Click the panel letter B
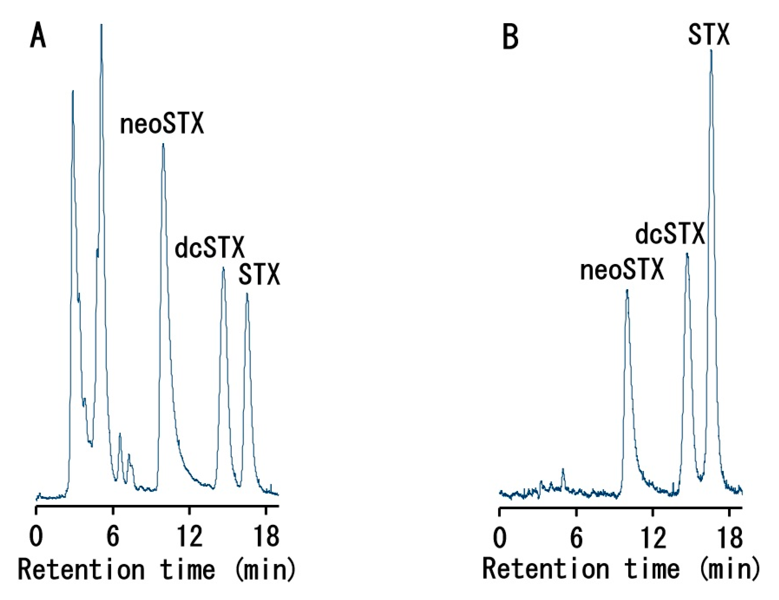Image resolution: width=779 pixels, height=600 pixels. pos(510,38)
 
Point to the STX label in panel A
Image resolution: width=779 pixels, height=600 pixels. pos(259,275)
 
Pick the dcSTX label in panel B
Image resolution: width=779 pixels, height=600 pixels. pos(670,234)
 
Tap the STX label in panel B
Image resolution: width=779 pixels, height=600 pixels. pos(709,35)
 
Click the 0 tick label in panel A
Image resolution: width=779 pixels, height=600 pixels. pos(36,536)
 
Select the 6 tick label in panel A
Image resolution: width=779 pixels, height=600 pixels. pos(113,536)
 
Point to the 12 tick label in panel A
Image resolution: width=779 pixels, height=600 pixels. pos(190,536)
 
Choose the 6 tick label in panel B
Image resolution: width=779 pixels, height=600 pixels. pos(576,537)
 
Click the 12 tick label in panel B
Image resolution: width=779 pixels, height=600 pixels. pos(653,537)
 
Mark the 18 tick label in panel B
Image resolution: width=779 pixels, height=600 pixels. pos(729,537)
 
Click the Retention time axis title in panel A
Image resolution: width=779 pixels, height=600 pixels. pos(157,570)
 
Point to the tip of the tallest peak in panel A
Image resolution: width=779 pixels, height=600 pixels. pos(102,25)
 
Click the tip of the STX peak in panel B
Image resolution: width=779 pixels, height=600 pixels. pos(711,50)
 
